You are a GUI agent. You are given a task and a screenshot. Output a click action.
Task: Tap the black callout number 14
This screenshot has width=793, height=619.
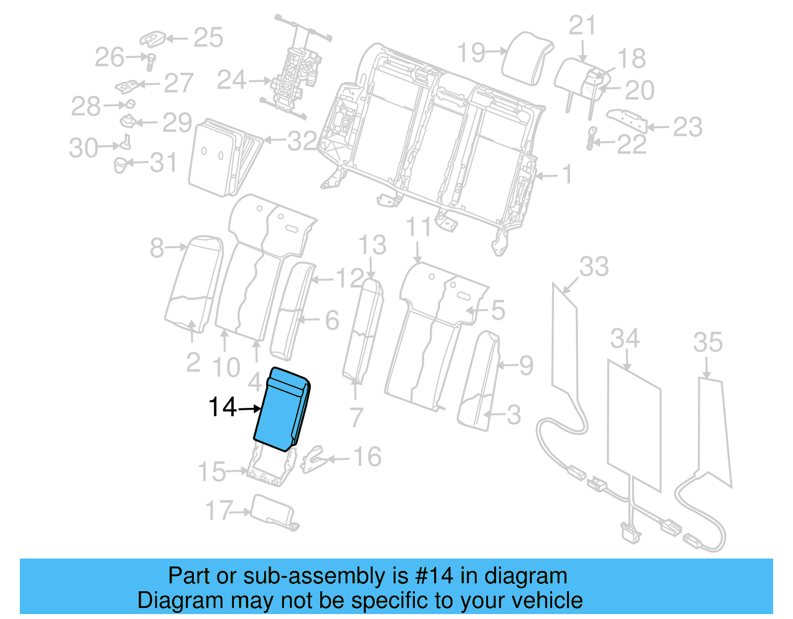point(223,407)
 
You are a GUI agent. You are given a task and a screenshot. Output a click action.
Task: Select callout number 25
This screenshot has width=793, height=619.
point(208,38)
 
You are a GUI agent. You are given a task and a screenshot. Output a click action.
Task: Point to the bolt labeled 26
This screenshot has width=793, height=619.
point(151,61)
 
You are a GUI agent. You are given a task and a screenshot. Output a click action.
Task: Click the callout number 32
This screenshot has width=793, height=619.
point(302,141)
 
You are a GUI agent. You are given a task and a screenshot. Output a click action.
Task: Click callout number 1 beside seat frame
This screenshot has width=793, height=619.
point(567,174)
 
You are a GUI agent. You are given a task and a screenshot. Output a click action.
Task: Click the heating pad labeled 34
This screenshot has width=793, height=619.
point(634,426)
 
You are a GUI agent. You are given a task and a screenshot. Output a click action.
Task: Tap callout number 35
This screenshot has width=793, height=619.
point(707,342)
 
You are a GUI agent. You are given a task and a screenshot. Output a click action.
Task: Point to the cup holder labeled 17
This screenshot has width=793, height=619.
point(273,510)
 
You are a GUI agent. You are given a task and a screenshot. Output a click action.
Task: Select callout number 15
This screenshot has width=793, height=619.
point(212,472)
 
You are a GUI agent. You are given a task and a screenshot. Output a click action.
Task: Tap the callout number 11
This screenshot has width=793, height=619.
point(418,228)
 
